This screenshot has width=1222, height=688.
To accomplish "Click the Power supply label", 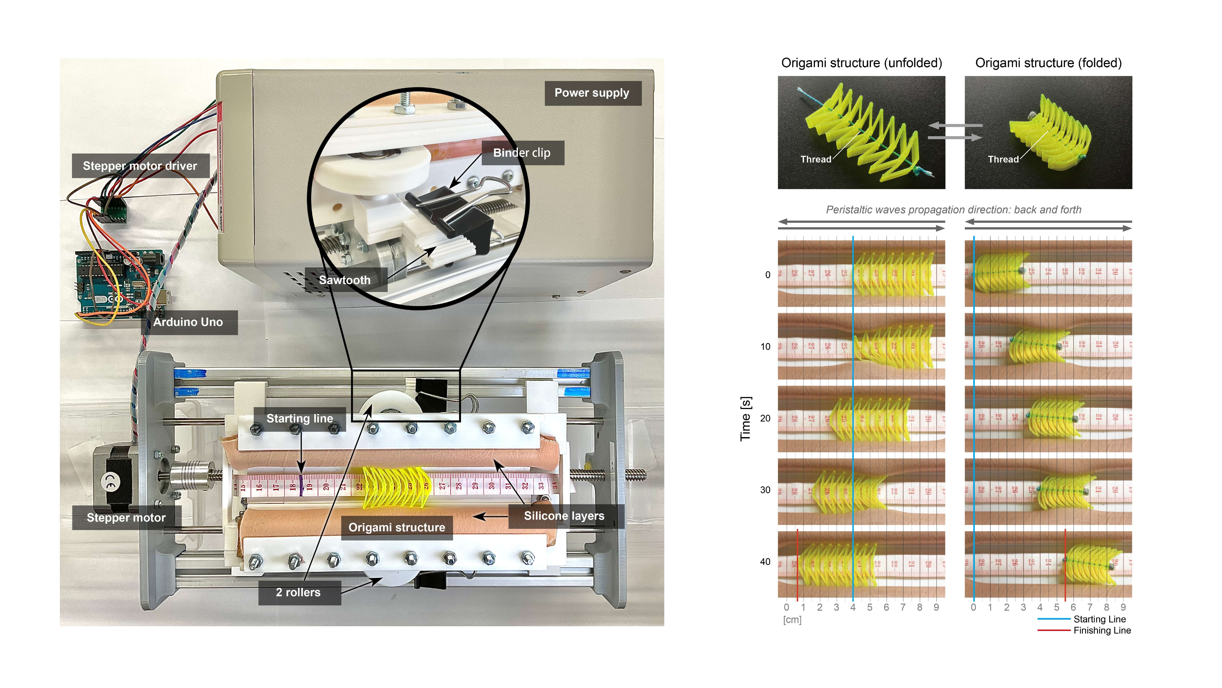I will coord(592,93).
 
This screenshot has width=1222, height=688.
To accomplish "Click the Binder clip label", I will coord(522,153).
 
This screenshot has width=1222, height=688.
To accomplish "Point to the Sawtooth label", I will coord(345,280).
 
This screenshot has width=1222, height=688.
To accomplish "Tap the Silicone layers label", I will coord(564,516).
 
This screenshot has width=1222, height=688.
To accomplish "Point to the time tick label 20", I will coord(765,418).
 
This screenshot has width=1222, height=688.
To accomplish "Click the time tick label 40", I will coord(765,562).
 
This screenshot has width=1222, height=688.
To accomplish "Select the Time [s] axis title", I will coord(746,418).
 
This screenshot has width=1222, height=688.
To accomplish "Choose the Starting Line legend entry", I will coord(1100,619).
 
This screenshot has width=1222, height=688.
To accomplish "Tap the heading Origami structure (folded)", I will coord(1048,63).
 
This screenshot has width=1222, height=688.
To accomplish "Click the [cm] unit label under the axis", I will coord(792,620).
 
